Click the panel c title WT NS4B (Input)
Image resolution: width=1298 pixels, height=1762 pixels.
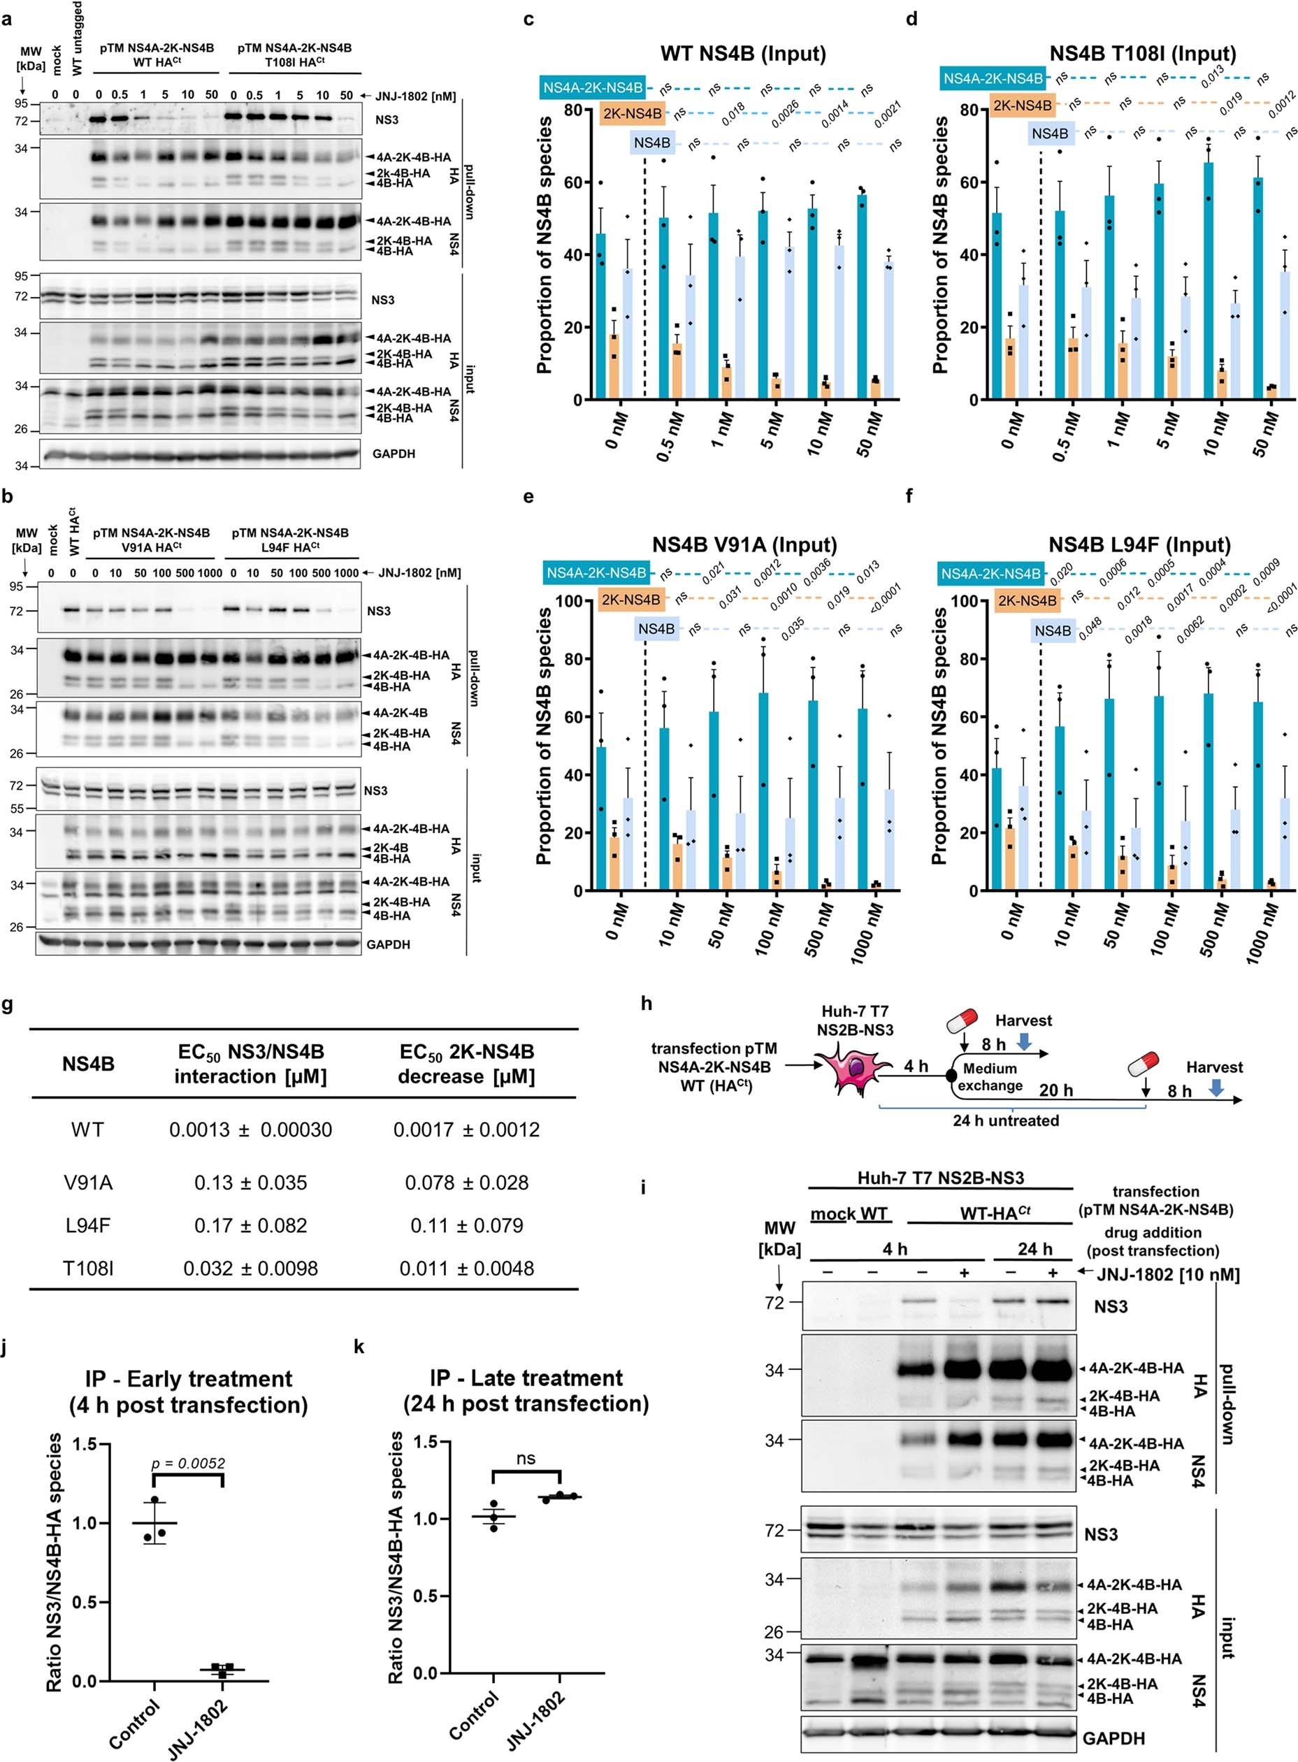click(x=742, y=55)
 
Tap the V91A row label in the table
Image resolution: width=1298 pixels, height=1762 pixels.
click(x=87, y=1183)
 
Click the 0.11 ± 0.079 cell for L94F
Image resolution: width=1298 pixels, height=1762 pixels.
click(x=466, y=1225)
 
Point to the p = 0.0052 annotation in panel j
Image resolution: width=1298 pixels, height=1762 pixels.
click(x=188, y=1464)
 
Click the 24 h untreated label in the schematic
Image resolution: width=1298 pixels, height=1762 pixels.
click(x=1005, y=1120)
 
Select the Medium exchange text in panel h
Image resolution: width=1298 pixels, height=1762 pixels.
click(x=989, y=1077)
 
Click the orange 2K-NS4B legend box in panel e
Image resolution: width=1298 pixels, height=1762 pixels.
click(x=630, y=600)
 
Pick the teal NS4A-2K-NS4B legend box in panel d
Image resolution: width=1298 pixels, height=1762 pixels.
click(x=993, y=78)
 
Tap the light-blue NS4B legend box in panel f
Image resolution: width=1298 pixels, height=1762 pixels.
click(x=1052, y=631)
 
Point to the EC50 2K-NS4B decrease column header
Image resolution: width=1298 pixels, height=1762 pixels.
click(x=466, y=1064)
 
